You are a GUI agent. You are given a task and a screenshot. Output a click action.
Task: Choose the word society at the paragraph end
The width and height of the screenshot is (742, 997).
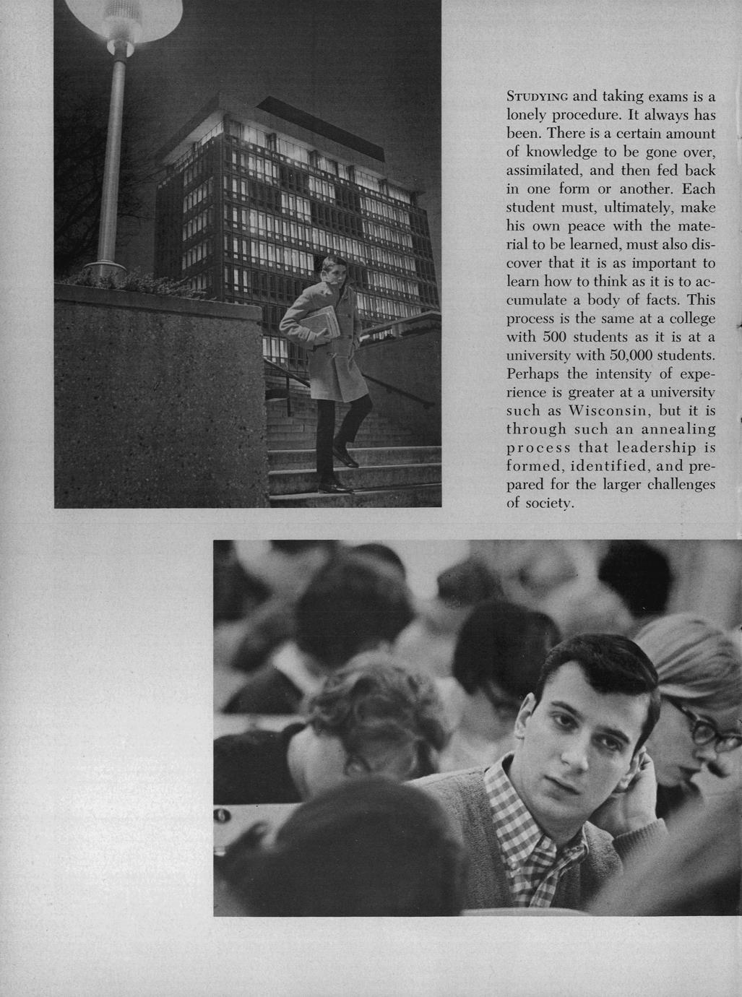pos(548,504)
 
